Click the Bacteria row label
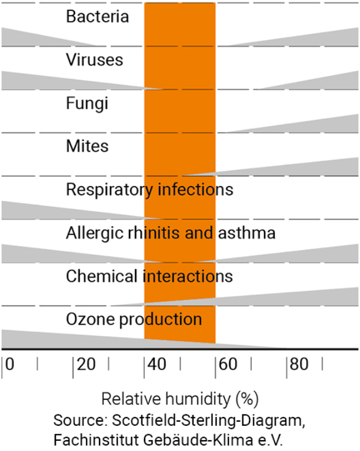tap(97, 16)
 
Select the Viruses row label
tap(94, 60)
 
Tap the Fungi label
tap(87, 103)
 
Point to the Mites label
tap(87, 146)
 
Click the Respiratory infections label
tap(149, 190)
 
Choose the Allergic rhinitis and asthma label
tap(170, 233)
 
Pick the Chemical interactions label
tap(149, 276)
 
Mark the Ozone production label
tap(134, 318)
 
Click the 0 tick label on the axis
tap(9, 365)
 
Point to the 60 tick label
tap(229, 365)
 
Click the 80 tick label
tap(300, 365)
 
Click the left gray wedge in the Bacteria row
tap(30, 38)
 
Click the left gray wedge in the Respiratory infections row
tap(36, 211)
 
